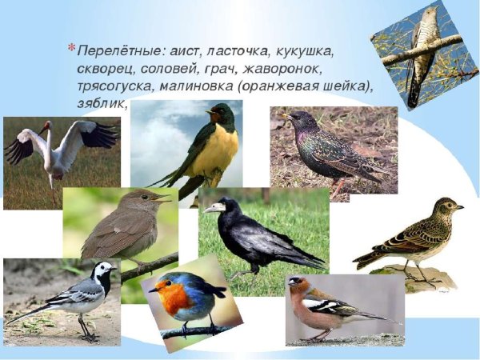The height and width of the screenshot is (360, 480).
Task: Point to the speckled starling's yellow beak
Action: point(283,117)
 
